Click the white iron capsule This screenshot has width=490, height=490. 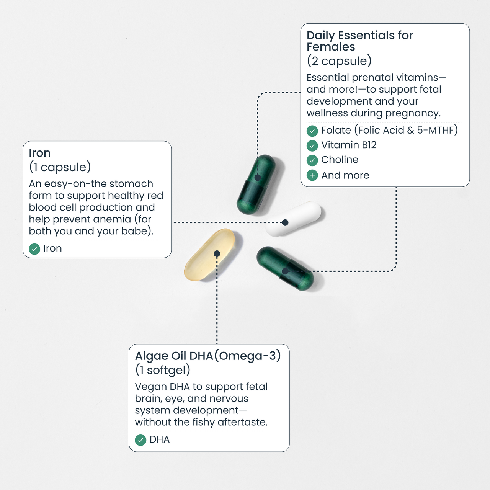293,219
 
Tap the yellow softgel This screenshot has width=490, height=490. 209,255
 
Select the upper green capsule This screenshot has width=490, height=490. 256,185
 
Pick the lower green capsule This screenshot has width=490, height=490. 285,268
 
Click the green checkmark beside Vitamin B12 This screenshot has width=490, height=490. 312,145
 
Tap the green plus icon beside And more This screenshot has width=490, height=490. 312,175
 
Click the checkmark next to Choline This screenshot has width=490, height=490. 312,160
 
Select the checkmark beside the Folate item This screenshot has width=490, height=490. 312,131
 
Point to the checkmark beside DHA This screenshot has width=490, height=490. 140,440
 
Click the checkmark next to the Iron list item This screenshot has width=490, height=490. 34,249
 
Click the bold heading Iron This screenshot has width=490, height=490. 40,153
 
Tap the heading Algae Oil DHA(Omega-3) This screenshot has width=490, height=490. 208,356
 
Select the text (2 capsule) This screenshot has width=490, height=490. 339,61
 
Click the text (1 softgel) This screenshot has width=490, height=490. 163,370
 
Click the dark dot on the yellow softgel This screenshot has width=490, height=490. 217,253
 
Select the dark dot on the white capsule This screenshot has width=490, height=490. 285,222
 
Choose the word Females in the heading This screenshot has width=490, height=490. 331,47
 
